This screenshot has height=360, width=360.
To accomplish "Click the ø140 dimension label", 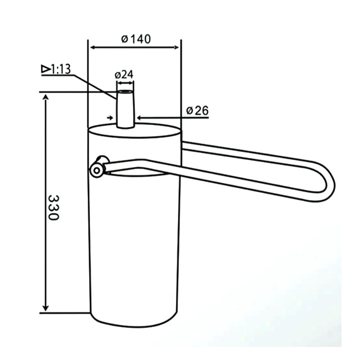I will (136, 39).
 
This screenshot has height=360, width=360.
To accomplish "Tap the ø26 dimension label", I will (198, 110).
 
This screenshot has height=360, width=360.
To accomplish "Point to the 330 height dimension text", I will (53, 207).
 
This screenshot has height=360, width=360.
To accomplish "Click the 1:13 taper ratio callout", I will (61, 69).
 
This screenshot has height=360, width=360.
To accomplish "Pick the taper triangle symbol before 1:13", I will (45, 69).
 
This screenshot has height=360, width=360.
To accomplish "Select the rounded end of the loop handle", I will (331, 182).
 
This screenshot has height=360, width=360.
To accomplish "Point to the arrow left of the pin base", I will (111, 117).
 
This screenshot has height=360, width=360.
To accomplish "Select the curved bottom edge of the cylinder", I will (135, 325).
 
